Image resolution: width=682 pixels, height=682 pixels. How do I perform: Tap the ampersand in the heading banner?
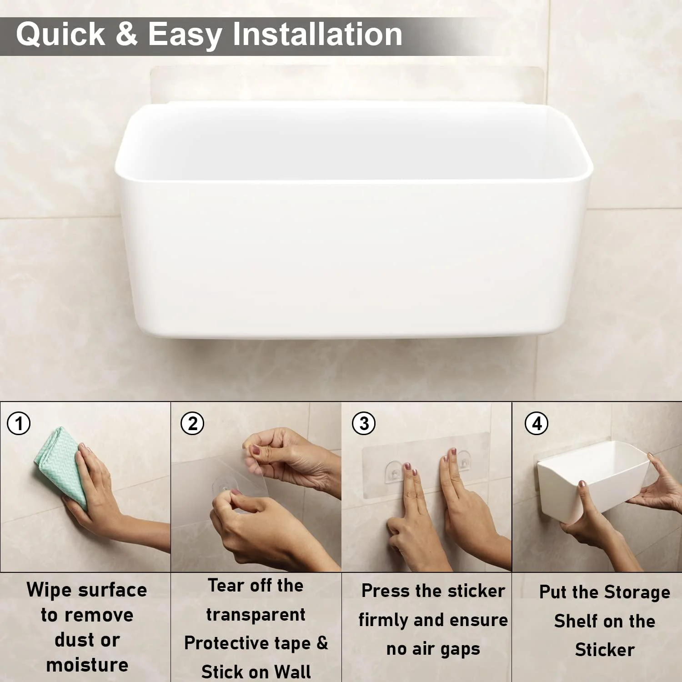[126, 35]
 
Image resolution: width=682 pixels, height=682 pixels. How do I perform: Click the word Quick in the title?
[60, 35]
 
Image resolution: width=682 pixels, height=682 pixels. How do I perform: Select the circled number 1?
[19, 424]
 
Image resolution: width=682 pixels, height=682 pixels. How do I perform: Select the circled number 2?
[192, 424]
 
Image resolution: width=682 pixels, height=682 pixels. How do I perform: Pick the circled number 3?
[364, 424]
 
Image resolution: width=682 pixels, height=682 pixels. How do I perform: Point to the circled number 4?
[537, 424]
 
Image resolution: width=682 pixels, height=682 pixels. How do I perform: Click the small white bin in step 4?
[591, 477]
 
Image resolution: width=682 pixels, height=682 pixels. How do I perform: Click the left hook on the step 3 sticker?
[395, 473]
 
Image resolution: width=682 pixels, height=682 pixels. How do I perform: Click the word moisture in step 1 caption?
[87, 665]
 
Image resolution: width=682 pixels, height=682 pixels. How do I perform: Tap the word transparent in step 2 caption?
[256, 615]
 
